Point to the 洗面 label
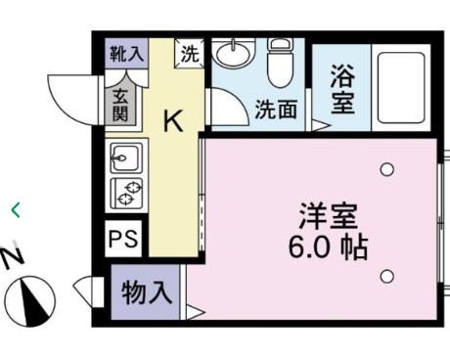pos(276,110)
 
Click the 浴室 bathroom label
pos(341,89)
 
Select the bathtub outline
pos(400,90)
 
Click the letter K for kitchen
pos(172,120)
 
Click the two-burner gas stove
pos(126,192)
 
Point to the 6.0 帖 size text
pos(328,247)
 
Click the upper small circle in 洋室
pos(387,169)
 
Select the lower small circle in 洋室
pos(387,275)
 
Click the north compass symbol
pos(30,298)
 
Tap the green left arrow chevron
pos(15,208)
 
